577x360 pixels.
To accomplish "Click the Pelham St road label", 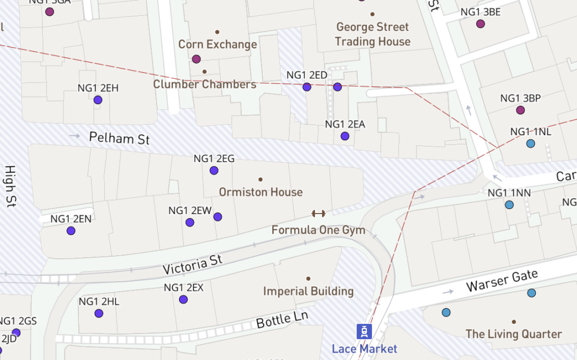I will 119,137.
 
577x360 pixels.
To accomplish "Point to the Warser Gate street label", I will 501,281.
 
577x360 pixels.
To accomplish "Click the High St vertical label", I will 10,186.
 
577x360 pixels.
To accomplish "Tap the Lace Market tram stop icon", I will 365,331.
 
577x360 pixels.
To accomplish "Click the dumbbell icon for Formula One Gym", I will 318,214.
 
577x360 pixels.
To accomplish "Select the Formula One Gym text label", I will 318,230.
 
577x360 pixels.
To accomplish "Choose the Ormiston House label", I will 260,192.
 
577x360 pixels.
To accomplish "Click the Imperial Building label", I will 308,291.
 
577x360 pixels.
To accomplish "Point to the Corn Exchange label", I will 218,44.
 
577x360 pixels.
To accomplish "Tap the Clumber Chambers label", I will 205,85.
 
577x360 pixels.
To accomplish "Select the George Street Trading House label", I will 372,34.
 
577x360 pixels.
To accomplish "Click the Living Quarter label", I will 513,334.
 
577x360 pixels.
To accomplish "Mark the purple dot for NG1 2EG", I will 214,171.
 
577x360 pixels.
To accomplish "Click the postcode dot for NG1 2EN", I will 71,231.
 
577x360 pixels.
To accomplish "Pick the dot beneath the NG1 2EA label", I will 345,136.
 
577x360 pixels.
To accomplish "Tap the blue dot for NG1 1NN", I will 509,205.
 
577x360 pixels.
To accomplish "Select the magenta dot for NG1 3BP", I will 520,110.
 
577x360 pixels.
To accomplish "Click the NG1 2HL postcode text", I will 99,301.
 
